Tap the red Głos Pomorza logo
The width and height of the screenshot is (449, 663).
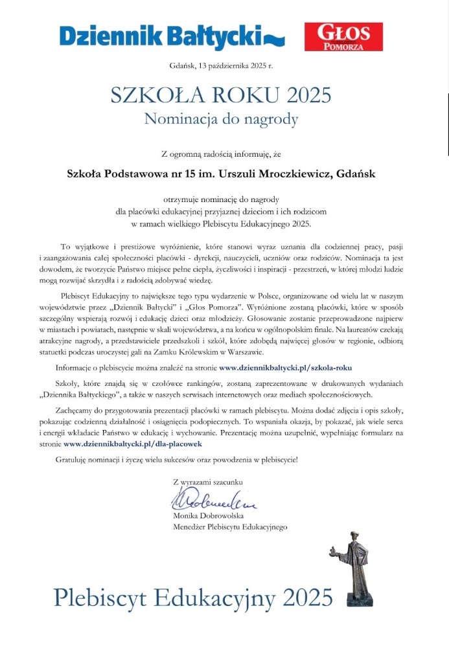coord(343,36)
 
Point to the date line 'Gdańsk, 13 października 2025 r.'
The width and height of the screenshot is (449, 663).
coord(221,66)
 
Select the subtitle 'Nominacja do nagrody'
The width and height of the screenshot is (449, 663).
coord(221,119)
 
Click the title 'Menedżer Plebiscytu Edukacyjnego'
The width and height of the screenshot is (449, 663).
coord(230,527)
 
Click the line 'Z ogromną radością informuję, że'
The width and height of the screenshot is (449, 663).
coord(221,153)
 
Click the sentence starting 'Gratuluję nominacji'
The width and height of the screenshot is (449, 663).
coord(178,460)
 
